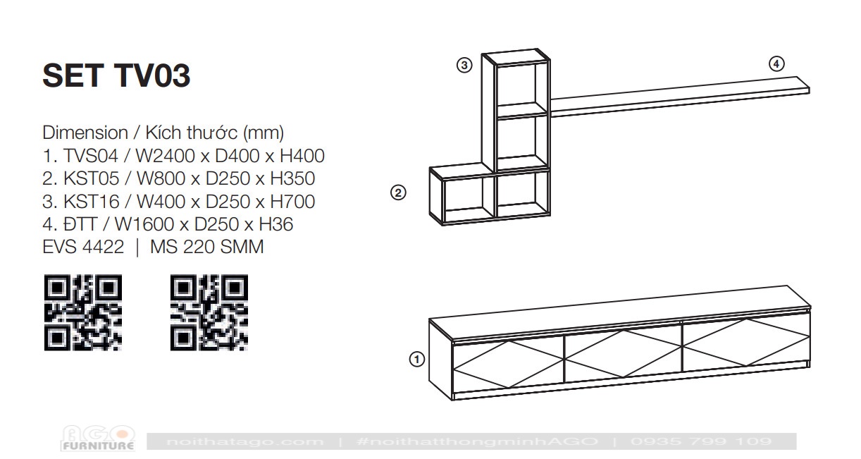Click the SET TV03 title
point(116,75)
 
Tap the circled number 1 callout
point(416,360)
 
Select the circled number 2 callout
point(398,192)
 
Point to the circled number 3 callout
point(464,65)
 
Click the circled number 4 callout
point(776,64)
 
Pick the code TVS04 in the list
point(90,156)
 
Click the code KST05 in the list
point(92,178)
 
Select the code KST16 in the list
point(92,202)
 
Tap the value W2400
point(166,156)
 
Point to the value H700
point(292,202)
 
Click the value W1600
point(146,224)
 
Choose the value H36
point(276,224)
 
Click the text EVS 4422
point(83,247)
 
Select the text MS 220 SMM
point(206,247)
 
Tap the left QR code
point(83,312)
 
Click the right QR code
point(209,312)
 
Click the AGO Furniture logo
point(98,439)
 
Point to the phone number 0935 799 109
point(701,441)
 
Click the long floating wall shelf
point(680,97)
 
